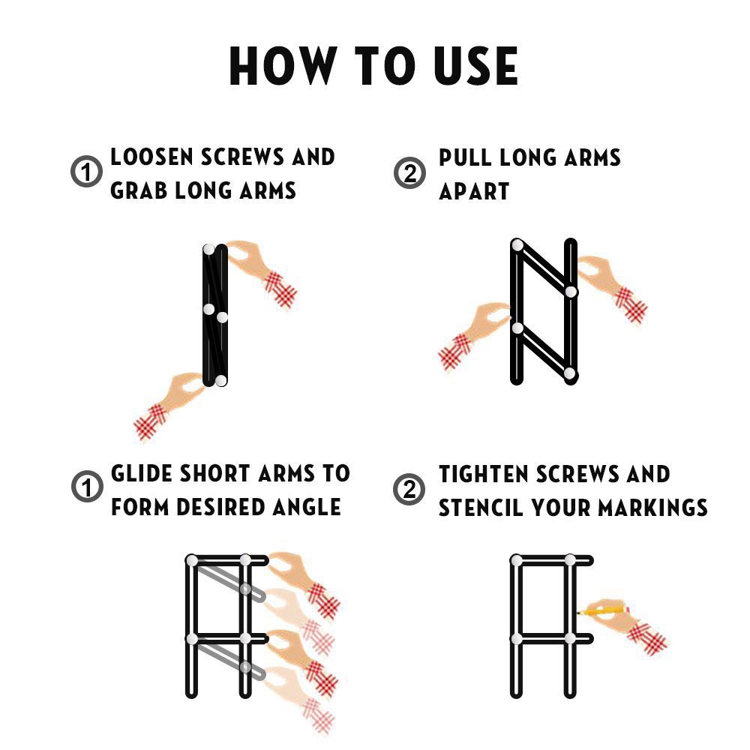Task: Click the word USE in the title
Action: [475, 66]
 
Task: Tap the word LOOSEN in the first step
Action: [151, 157]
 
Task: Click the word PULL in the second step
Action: [464, 157]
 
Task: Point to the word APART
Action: [474, 191]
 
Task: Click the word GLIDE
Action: [142, 473]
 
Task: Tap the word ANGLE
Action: [307, 507]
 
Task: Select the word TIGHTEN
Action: [483, 474]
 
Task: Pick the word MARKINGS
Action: [653, 508]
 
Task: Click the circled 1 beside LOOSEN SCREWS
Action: [86, 171]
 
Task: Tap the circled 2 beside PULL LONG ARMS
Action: [410, 172]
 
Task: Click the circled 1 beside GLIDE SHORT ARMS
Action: [87, 487]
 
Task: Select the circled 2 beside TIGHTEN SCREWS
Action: [409, 489]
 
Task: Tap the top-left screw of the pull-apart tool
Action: [517, 245]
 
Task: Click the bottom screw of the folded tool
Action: [220, 380]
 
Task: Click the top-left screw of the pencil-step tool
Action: [517, 560]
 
